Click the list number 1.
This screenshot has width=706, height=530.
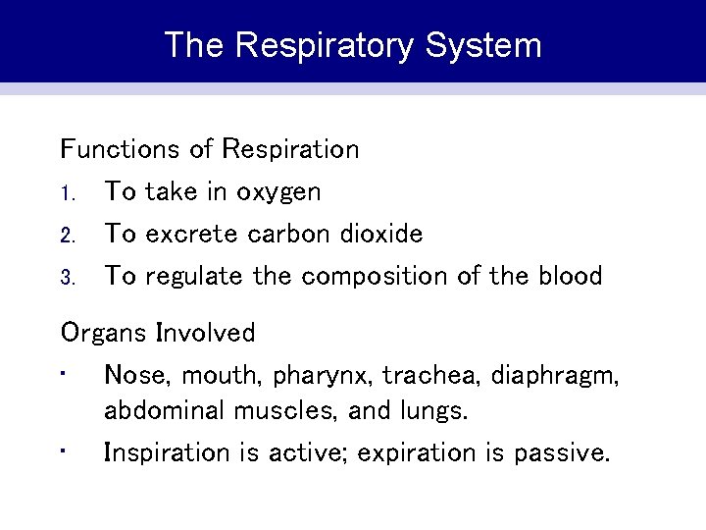point(67,193)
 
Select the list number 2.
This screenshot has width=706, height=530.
point(67,236)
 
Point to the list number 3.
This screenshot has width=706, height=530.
point(67,278)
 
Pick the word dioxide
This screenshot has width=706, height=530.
point(383,234)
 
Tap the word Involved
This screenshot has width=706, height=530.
point(206,333)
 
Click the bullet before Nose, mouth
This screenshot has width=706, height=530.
point(63,373)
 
